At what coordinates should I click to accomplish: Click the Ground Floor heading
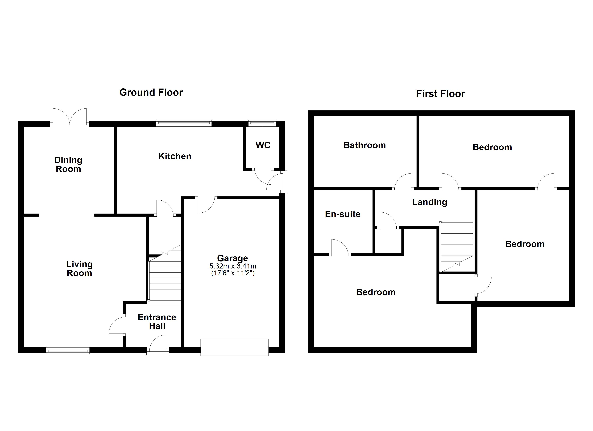[x=151, y=92]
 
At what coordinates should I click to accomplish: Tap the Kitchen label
[x=175, y=156]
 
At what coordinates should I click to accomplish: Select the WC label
[x=263, y=145]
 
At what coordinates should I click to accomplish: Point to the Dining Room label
[x=68, y=164]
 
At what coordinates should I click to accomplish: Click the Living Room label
[x=79, y=269]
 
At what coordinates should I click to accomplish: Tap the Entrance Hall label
[x=157, y=322]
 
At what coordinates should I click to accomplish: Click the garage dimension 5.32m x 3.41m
[x=233, y=266]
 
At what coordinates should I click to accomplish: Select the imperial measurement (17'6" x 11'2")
[x=233, y=273]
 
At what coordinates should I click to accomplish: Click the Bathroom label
[x=364, y=145]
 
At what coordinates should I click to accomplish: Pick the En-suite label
[x=343, y=214]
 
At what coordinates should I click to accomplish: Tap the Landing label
[x=430, y=202]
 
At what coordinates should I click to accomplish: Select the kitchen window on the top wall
[x=184, y=123]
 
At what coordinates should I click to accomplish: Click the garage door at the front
[x=235, y=347]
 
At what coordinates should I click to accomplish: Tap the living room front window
[x=68, y=351]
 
